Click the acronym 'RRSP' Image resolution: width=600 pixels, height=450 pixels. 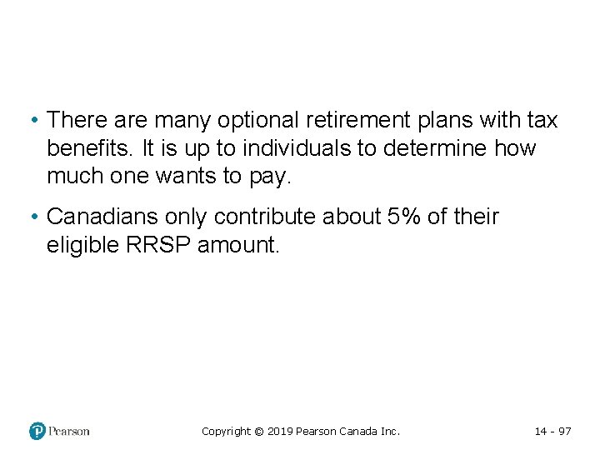tap(169, 246)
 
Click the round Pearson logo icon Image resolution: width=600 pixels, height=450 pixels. tap(37, 431)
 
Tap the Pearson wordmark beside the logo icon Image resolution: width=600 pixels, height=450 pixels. tap(69, 431)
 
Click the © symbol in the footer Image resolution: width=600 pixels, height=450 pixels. tap(258, 432)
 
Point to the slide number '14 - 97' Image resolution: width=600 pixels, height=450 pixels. tap(552, 432)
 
